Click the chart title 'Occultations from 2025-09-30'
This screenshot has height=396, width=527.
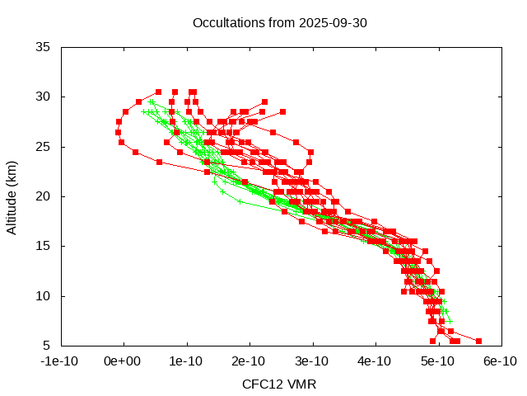pos(279,22)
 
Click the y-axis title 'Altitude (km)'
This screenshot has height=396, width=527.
pos(12,196)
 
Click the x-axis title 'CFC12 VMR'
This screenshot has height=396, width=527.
pos(279,384)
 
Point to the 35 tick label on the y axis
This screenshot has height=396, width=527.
pos(44,47)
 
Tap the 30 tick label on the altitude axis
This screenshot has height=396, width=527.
pos(44,97)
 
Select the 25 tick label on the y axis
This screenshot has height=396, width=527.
pos(44,147)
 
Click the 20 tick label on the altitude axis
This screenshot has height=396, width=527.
pos(44,196)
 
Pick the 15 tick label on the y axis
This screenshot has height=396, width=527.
pos(44,246)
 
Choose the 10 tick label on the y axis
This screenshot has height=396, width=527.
pos(44,295)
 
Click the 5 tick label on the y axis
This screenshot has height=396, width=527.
pos(47,345)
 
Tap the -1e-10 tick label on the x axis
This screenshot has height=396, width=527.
pos(61,361)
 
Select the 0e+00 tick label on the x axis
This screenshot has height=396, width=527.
pos(124,361)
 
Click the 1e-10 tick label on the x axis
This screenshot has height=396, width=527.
pos(187,361)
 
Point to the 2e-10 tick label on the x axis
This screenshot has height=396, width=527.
pos(250,361)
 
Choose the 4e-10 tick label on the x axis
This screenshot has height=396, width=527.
pos(375,361)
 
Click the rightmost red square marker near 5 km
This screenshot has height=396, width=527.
pos(478,340)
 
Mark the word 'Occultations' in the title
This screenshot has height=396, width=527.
pos(226,22)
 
